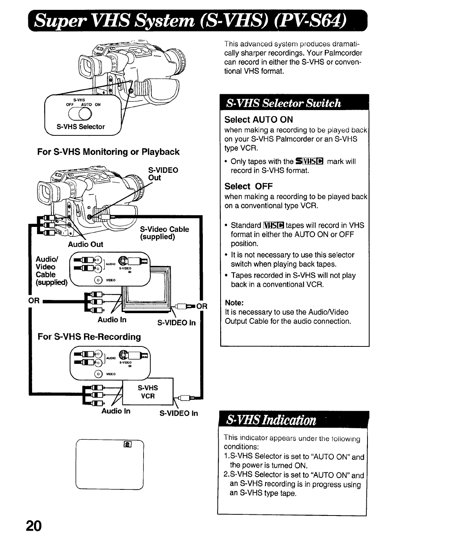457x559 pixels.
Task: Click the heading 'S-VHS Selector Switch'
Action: (x=283, y=103)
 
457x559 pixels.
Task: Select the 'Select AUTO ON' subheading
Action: (x=258, y=120)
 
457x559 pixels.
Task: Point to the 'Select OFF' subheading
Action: (x=248, y=186)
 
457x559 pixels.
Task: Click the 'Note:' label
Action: (x=234, y=303)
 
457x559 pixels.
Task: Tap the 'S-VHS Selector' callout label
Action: (x=80, y=127)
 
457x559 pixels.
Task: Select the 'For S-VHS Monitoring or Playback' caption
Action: (x=108, y=152)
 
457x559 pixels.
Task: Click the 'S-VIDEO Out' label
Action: (x=163, y=174)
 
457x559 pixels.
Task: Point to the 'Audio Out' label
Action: (x=85, y=244)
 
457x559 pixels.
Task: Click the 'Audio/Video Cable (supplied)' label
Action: (x=51, y=271)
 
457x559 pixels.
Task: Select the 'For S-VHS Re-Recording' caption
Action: (x=89, y=337)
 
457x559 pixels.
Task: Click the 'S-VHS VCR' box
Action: (x=148, y=392)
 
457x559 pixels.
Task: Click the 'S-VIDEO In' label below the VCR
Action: (x=179, y=413)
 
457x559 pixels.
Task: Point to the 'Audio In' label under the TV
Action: (x=112, y=320)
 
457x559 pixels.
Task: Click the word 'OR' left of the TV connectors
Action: (x=34, y=301)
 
